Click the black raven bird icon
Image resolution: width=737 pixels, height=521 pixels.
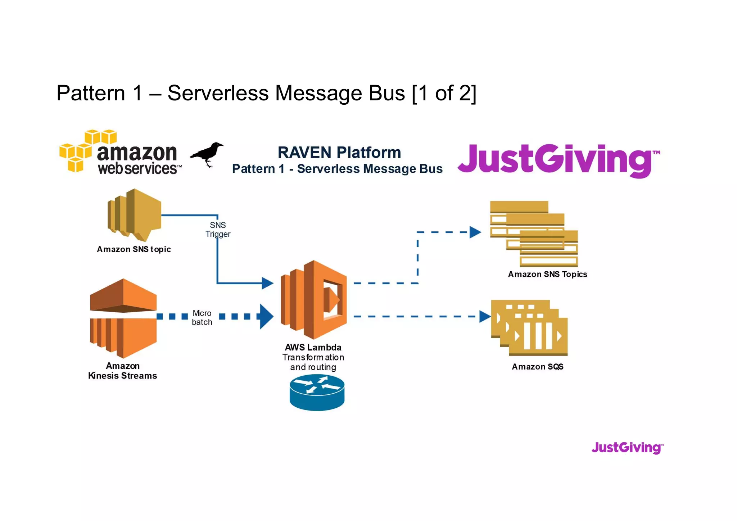click(x=207, y=154)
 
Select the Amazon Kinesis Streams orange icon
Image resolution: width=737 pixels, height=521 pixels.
click(x=123, y=318)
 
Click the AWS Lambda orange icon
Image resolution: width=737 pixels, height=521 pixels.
click(x=314, y=299)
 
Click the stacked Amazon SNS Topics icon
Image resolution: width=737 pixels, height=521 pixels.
click(x=534, y=233)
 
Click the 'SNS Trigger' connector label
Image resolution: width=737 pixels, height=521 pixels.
click(x=218, y=230)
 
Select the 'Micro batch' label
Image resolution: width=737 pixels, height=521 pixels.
click(x=202, y=318)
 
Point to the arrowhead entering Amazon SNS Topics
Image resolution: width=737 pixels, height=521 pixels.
click(x=475, y=232)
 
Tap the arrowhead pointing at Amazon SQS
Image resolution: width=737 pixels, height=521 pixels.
click(x=485, y=317)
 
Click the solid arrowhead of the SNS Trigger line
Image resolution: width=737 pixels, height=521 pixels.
click(x=267, y=283)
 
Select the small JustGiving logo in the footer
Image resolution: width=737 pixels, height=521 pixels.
click(x=627, y=448)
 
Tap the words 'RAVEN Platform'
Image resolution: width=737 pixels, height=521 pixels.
click(x=339, y=153)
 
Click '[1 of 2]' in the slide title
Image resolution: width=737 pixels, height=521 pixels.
click(x=444, y=93)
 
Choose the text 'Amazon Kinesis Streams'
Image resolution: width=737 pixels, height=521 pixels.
click(x=122, y=371)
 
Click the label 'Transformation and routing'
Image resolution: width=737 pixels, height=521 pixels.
click(x=313, y=362)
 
